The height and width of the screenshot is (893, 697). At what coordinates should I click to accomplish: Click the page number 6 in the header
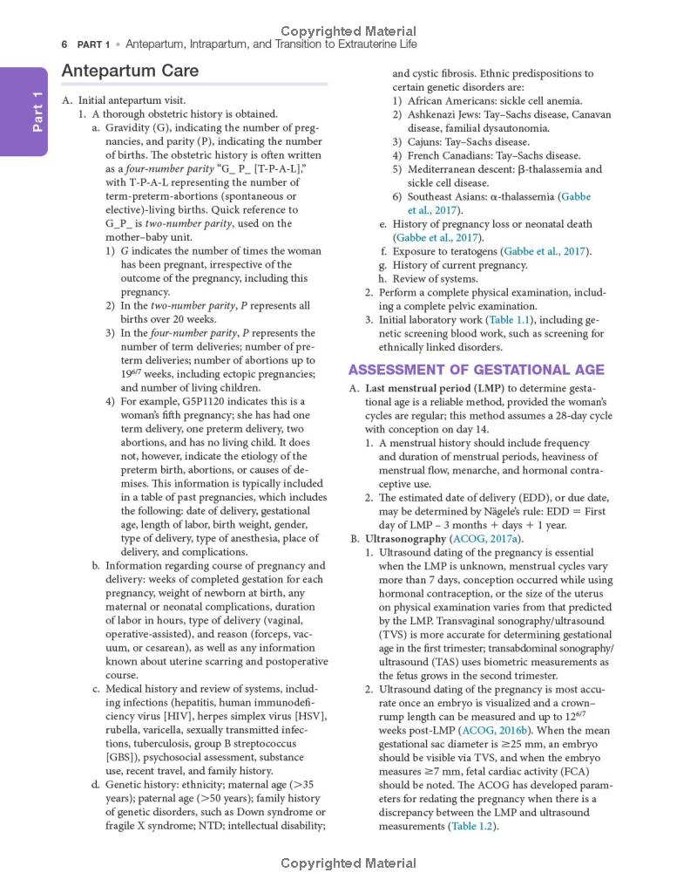pyautogui.click(x=64, y=44)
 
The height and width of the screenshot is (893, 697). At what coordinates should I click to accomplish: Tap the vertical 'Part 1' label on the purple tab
pyautogui.click(x=36, y=112)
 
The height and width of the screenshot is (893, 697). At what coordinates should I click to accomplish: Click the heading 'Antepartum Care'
pyautogui.click(x=130, y=71)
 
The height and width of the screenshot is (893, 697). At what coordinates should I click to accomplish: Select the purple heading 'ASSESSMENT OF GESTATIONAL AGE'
pyautogui.click(x=476, y=370)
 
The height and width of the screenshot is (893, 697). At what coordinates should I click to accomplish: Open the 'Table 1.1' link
pyautogui.click(x=502, y=320)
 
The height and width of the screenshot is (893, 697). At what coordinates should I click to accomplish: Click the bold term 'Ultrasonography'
pyautogui.click(x=404, y=539)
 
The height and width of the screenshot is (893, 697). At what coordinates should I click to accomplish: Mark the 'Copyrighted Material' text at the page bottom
pyautogui.click(x=348, y=863)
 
